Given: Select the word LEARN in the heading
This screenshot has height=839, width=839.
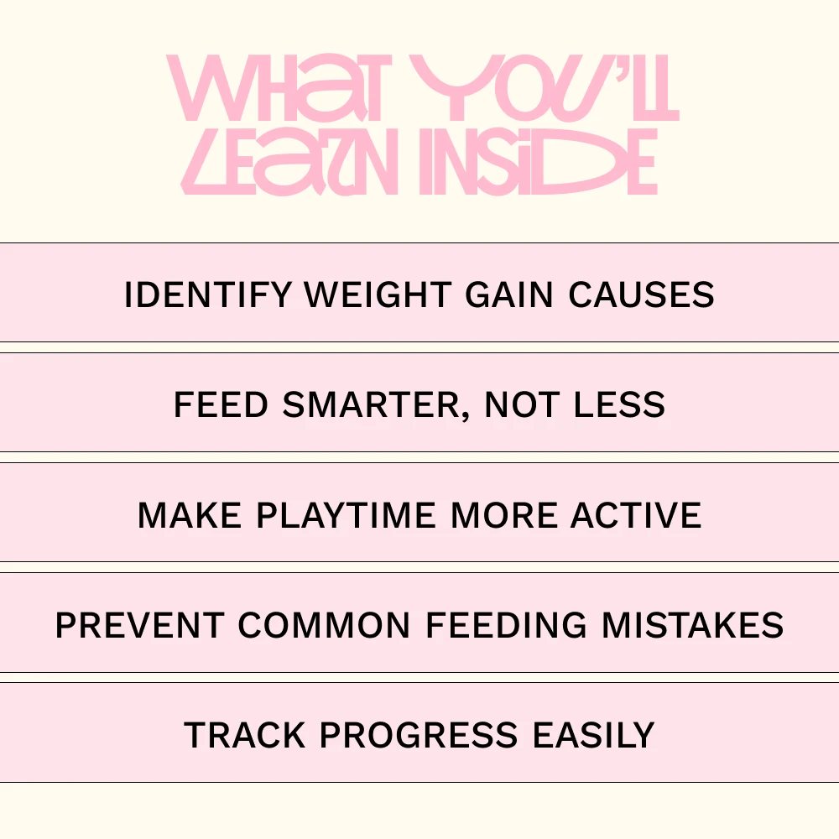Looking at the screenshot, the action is [x=289, y=162].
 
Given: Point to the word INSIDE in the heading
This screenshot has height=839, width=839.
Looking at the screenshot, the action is [x=539, y=162].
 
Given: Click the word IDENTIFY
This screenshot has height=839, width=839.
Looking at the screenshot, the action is [x=208, y=294].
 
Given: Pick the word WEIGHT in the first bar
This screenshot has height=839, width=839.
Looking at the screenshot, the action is [x=378, y=294].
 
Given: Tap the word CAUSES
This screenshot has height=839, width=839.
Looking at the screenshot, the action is [x=642, y=294].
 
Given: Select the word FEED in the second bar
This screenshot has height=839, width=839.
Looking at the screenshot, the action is [x=221, y=405].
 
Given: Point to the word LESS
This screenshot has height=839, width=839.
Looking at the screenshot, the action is [x=620, y=405].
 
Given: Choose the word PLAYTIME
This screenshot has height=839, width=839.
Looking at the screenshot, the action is [x=346, y=515].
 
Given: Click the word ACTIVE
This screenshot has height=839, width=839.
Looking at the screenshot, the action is [x=636, y=515].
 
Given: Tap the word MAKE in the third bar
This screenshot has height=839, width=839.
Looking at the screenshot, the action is [x=190, y=515].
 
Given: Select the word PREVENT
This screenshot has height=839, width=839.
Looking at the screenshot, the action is [x=139, y=626].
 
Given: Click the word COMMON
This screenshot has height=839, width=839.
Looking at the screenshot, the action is [x=324, y=626].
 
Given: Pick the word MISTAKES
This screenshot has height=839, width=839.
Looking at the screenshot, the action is [x=694, y=626].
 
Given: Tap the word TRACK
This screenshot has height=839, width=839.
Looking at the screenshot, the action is [x=244, y=735].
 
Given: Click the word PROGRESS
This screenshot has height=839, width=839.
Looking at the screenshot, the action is [x=419, y=735].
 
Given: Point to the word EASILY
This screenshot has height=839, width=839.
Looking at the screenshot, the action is [x=594, y=735].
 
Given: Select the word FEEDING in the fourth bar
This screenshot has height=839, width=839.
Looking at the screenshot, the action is [x=507, y=626].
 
